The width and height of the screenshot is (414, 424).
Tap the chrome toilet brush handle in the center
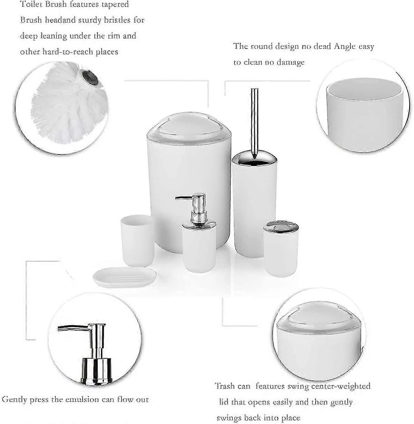tap(254, 124)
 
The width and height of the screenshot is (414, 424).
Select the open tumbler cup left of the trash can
tap(137, 241)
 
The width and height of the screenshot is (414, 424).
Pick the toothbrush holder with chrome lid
tap(281, 248)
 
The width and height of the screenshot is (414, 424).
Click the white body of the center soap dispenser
tap(199, 249)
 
